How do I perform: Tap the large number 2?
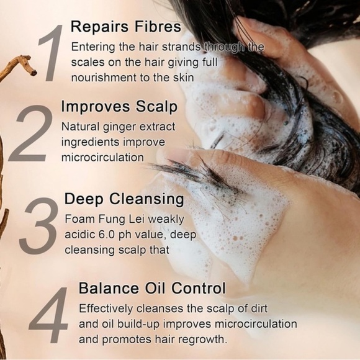30,133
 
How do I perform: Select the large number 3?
38,225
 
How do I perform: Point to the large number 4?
48,315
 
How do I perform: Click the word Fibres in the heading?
158,27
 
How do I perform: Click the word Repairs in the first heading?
99,27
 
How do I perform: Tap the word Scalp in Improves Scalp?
156,107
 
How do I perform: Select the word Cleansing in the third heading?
146,199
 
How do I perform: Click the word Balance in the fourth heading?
109,288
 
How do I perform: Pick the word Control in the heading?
199,288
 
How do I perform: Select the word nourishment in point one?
104,78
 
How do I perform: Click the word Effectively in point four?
106,309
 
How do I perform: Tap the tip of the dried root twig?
34,73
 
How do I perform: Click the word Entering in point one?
93,48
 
